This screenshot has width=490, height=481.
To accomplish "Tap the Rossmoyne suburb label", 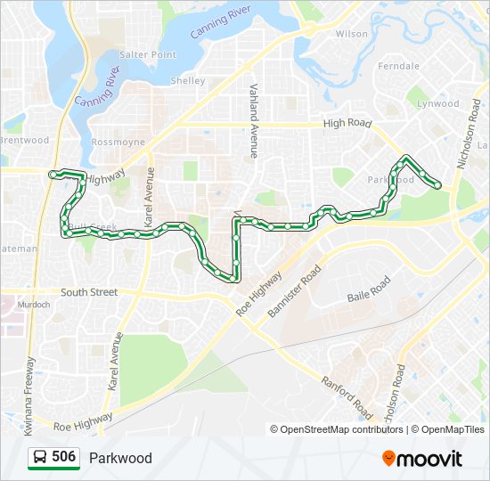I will click(117, 143).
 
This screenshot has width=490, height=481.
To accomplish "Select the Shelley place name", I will click(187, 81).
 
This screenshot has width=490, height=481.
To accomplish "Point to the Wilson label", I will click(351, 34).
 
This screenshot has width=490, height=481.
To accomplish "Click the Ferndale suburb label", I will click(398, 66).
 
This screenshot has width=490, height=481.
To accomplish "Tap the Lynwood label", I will click(438, 103).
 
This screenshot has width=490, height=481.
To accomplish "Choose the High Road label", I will click(347, 124).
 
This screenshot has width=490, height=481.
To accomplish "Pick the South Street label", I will click(89, 291).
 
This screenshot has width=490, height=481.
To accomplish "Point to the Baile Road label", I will click(369, 288).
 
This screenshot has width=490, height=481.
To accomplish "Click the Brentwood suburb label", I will click(24, 140).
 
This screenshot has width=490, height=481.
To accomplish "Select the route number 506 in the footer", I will click(63, 457).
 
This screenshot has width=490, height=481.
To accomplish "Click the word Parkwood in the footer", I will click(120, 458).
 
